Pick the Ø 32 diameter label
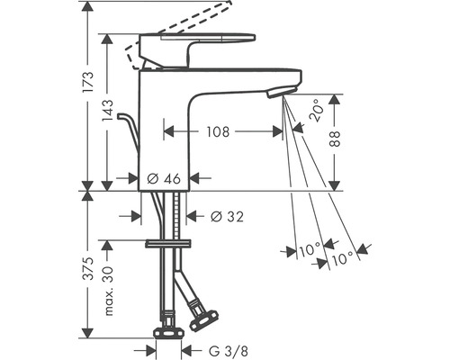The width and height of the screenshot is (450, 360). (226, 216)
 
